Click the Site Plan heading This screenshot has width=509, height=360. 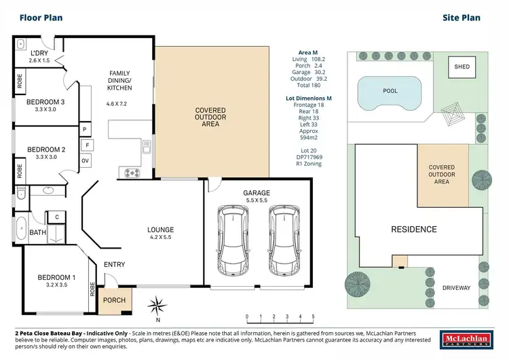(461, 19)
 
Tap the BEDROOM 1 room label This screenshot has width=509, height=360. (52, 276)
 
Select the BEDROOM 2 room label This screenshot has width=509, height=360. (46, 150)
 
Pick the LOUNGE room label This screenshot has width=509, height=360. (161, 230)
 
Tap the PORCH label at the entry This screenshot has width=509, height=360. (114, 300)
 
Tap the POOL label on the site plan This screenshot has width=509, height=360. (390, 90)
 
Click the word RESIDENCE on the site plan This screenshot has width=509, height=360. (413, 229)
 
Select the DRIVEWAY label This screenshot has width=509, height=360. (456, 288)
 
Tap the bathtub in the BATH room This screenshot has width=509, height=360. (20, 232)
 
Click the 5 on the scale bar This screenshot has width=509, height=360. (313, 317)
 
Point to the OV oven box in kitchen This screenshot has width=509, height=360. (86, 160)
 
